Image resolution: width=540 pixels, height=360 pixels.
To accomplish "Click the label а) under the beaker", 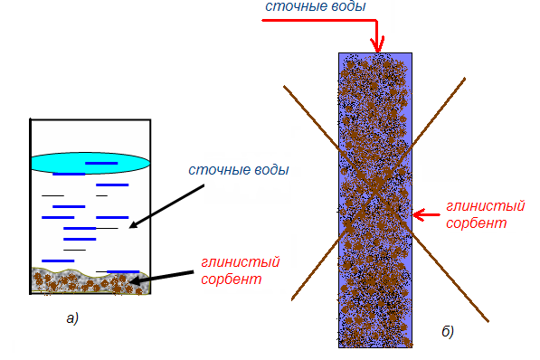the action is coord(72,318).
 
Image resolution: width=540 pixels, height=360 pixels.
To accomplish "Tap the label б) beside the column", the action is coord(448,331).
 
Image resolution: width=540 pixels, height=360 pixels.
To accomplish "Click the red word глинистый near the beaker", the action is coord(240,262).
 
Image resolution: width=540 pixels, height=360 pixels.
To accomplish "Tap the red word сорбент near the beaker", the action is coord(231,279).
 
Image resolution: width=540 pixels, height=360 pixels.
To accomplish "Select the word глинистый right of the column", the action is coord(485,206).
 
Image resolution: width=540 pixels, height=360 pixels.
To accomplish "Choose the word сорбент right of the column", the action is coord(477,223).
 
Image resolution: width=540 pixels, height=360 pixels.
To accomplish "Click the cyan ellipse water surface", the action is coord(90,163).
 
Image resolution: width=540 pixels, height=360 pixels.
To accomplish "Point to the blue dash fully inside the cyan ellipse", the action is coord(101,164).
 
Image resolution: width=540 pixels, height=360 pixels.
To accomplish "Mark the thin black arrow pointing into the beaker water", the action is coord(166,206).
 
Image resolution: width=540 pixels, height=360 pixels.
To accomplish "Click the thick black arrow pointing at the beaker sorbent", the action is coord(162,278).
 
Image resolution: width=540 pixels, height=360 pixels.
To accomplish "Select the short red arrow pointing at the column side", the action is coord(426,215).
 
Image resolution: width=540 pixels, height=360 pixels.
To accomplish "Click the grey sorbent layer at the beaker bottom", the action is coord(90,280).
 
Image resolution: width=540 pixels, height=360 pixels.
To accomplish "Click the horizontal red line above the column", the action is coord(319,20).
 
